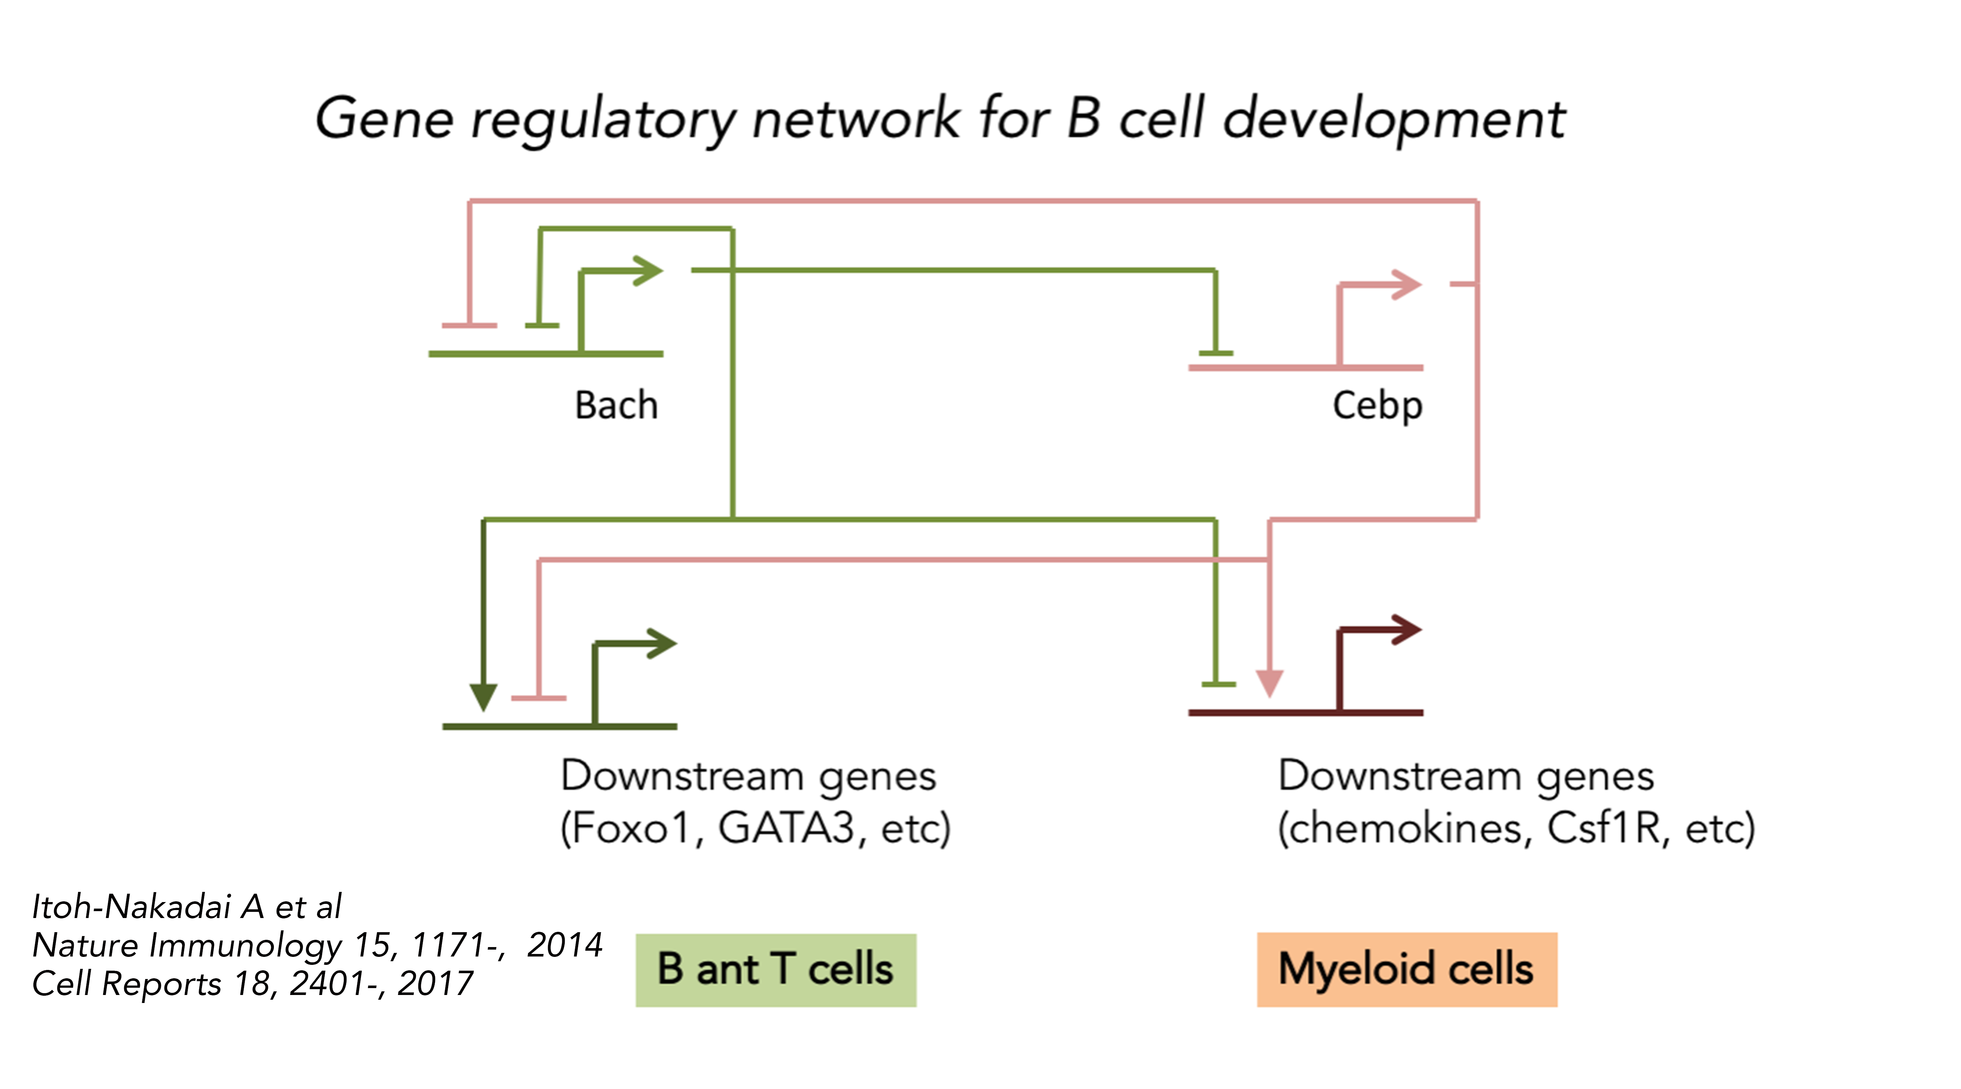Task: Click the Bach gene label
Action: pyautogui.click(x=616, y=405)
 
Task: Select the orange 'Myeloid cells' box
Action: pyautogui.click(x=1407, y=970)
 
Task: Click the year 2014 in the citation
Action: pyautogui.click(x=564, y=945)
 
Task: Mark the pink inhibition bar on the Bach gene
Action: pyautogui.click(x=470, y=326)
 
